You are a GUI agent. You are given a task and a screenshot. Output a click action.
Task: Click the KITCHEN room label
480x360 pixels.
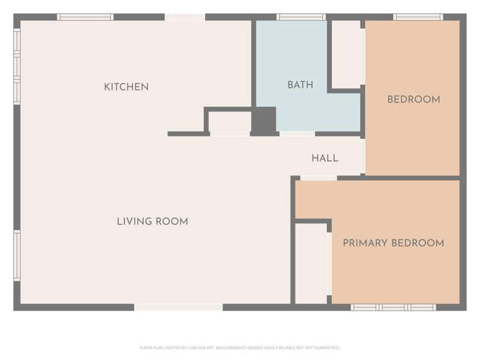[126, 87]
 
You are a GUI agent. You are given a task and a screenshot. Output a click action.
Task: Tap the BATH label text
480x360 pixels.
[300, 85]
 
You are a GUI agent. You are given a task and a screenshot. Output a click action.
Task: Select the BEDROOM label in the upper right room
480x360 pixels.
[413, 99]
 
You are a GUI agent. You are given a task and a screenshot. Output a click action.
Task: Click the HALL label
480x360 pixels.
[325, 158]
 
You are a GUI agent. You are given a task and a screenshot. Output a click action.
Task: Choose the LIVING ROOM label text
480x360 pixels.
[153, 222]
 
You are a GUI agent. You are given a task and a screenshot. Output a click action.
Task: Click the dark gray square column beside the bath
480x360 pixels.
[263, 120]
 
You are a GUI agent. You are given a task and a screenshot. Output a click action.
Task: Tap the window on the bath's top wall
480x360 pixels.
[301, 17]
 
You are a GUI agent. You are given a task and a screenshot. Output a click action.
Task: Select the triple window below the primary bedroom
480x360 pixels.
[393, 307]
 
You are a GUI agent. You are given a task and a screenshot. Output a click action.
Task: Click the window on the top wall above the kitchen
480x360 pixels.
[85, 17]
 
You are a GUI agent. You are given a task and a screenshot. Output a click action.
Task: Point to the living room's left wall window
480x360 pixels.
[17, 255]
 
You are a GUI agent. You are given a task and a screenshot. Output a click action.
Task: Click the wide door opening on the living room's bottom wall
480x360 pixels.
[179, 307]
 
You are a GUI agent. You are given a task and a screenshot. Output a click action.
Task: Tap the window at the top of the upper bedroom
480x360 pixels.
[418, 17]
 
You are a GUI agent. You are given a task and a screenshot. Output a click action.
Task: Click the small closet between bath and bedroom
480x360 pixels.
[346, 54]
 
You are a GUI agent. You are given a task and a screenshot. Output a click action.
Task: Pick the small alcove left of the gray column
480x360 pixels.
[229, 121]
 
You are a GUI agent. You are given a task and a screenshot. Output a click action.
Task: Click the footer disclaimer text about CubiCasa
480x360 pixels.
[240, 348]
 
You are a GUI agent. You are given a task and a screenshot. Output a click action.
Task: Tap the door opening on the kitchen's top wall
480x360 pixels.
[185, 17]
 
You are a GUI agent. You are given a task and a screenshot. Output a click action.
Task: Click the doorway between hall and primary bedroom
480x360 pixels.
[319, 177]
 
